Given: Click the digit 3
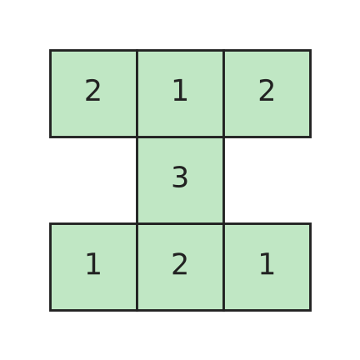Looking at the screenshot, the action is [180, 177].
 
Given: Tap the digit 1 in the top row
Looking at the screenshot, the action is [180, 90].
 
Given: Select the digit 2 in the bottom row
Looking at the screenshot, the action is [180, 263].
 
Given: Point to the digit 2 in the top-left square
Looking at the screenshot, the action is [92, 90].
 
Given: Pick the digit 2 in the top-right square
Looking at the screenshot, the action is [267, 90].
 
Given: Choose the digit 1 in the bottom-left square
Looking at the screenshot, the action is [93, 263].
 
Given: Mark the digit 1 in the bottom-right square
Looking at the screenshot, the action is [267, 263].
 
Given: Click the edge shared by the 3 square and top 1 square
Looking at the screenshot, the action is [180, 137].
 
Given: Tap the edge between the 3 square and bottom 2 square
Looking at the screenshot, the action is [180, 223].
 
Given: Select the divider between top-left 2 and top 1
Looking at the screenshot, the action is [137, 93].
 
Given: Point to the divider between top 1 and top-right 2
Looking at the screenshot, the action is [223, 93].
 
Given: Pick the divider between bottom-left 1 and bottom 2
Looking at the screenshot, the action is [137, 267].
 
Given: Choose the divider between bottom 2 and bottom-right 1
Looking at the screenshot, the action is [223, 267].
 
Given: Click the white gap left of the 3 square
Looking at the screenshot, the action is [93, 180].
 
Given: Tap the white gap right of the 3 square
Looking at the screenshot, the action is [267, 180].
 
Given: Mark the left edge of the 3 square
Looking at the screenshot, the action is [137, 180].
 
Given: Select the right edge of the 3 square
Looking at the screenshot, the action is [223, 180].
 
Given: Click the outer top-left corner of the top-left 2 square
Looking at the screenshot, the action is [50, 50].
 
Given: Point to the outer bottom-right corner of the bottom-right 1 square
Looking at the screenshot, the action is [311, 311].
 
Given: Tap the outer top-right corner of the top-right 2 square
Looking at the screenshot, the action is [311, 50].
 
